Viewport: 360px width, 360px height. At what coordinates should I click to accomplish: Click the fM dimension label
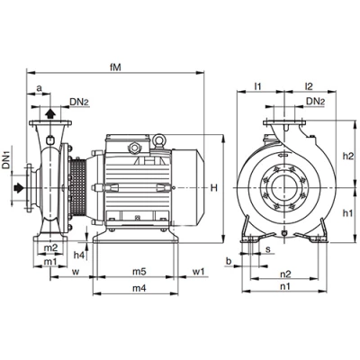pyautogui.click(x=115, y=67)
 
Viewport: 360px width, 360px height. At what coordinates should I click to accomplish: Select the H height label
pyautogui.click(x=213, y=188)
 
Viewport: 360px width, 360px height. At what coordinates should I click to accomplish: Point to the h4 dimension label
pyautogui.click(x=79, y=256)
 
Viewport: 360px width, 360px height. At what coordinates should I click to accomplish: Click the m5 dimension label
pyautogui.click(x=139, y=272)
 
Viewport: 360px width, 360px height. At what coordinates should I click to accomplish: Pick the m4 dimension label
pyautogui.click(x=139, y=288)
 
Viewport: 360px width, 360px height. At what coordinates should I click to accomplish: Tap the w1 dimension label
pyautogui.click(x=198, y=272)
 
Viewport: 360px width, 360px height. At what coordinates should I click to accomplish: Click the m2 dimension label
pyautogui.click(x=50, y=247)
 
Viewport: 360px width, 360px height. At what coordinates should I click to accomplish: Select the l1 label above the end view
pyautogui.click(x=257, y=86)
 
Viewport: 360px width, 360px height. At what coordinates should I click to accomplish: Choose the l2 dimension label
pyautogui.click(x=309, y=86)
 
